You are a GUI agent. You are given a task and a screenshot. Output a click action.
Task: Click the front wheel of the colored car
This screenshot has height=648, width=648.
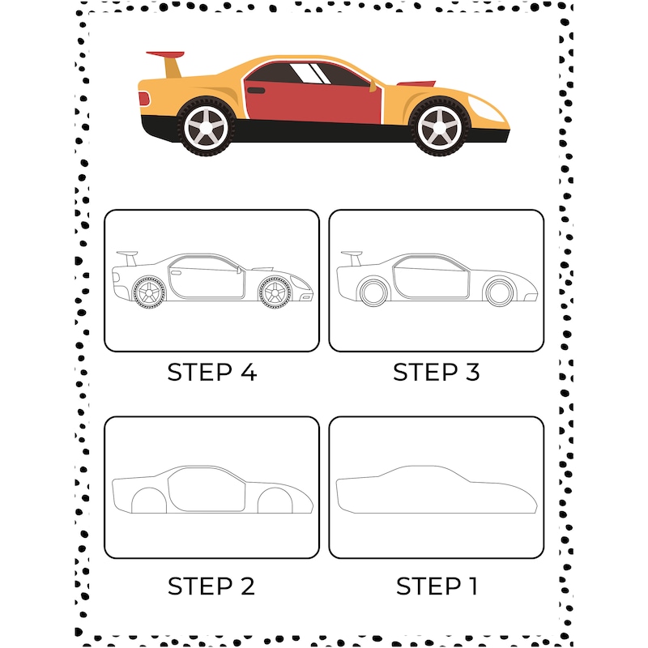(440, 126)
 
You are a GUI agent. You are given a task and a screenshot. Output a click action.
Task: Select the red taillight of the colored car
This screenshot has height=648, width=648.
(144, 98)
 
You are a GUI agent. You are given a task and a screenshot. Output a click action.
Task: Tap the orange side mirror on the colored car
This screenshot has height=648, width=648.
(373, 84)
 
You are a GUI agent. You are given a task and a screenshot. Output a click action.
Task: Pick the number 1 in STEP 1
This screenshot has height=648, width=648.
(469, 586)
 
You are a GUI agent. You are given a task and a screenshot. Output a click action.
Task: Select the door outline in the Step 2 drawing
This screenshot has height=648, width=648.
(206, 489)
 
